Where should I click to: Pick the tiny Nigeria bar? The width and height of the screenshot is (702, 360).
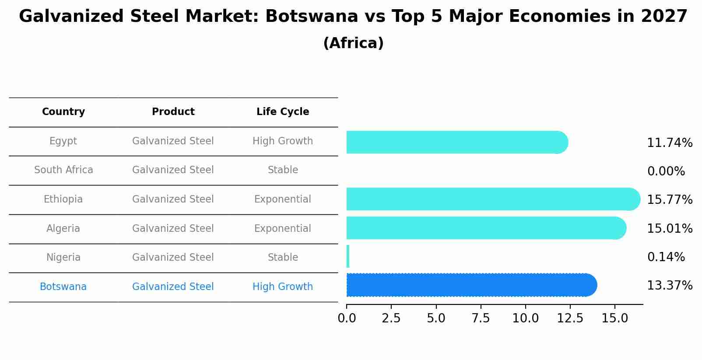point(348,256)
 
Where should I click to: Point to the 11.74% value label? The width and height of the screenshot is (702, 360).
point(669,143)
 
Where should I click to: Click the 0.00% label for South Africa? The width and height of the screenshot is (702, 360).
point(666,171)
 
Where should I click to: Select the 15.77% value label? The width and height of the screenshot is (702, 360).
point(669,200)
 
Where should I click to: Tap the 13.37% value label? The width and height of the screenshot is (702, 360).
point(669,286)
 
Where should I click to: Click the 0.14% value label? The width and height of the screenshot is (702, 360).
point(666,257)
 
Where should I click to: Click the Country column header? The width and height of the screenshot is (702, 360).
point(63,112)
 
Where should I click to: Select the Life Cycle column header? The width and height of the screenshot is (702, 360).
point(283,112)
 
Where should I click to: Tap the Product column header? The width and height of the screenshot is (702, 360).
point(173,112)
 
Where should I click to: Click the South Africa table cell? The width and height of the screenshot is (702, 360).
point(63,170)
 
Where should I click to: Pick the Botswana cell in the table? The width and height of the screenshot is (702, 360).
point(63,287)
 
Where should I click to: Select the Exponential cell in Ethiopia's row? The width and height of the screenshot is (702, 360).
point(283,199)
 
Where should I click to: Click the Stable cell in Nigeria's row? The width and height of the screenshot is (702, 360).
point(283,258)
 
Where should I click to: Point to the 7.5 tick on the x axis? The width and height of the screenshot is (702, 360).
point(481,318)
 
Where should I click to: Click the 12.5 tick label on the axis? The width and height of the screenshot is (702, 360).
point(570,318)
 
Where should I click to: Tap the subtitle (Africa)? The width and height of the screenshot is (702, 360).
point(353,43)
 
